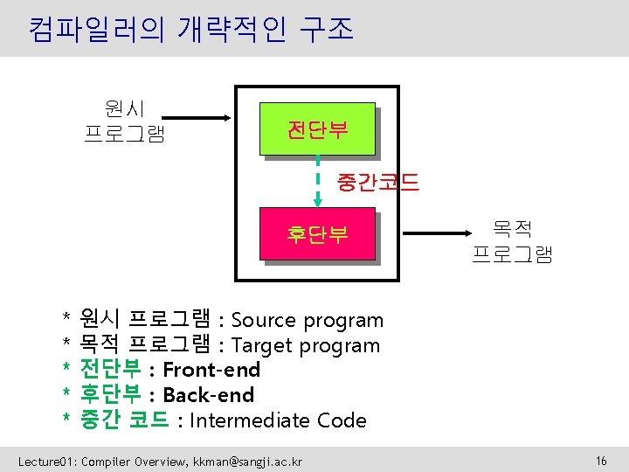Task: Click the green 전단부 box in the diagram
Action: tap(317, 131)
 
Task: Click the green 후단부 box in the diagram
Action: tap(317, 234)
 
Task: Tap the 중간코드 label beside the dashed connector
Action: tap(377, 183)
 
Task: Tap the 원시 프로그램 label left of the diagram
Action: tap(124, 121)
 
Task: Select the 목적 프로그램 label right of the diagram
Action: tap(512, 243)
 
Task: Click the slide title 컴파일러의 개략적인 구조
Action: tap(190, 30)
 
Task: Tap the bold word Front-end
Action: tap(211, 370)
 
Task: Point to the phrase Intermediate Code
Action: tap(278, 420)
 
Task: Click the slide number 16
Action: tap(600, 460)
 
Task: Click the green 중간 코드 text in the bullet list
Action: tap(124, 420)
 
